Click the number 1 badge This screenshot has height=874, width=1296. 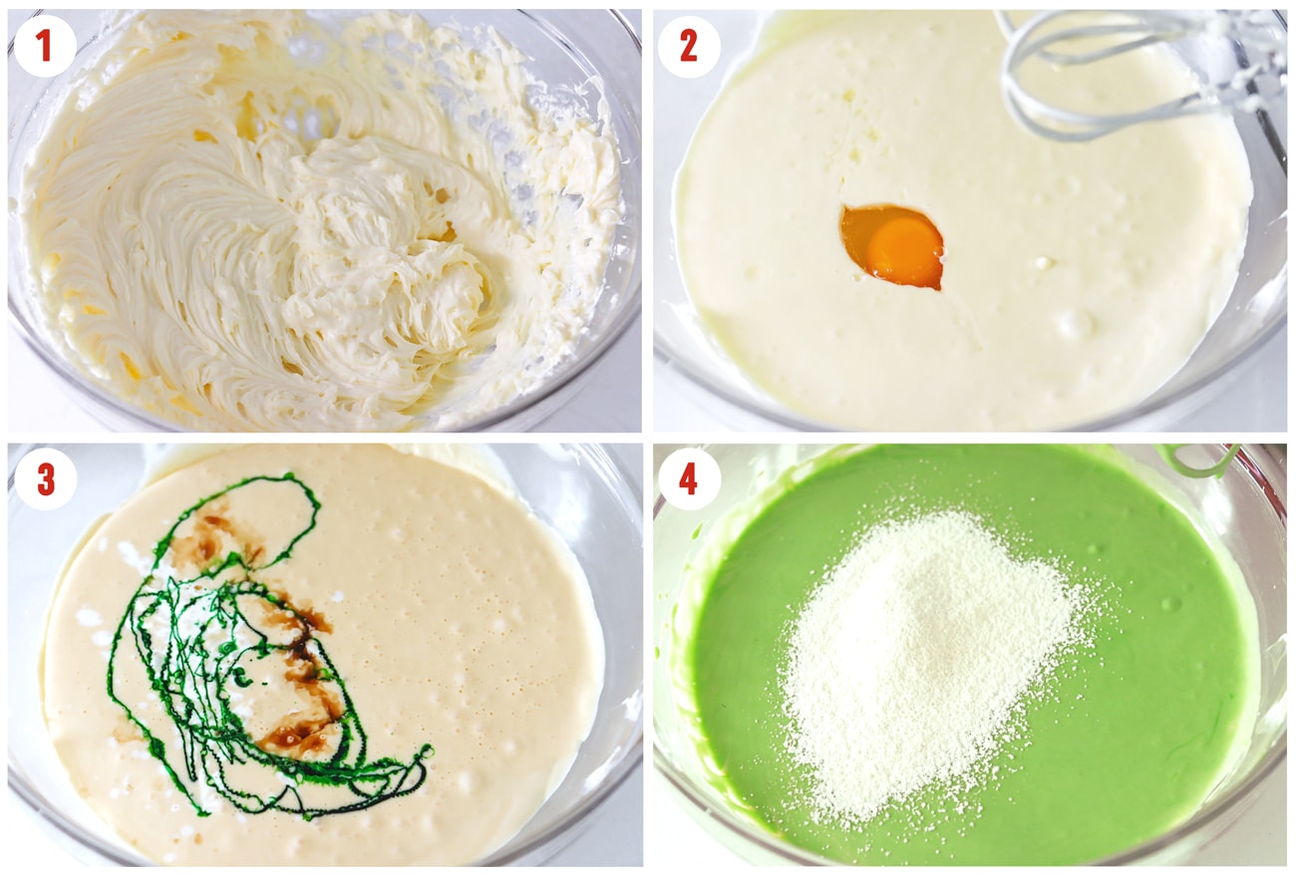click(x=45, y=46)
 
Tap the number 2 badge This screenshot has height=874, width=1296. click(x=689, y=46)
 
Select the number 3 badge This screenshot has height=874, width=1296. click(x=45, y=479)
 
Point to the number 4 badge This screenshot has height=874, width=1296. click(x=689, y=479)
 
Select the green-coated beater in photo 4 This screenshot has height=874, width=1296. click(x=1196, y=459)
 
